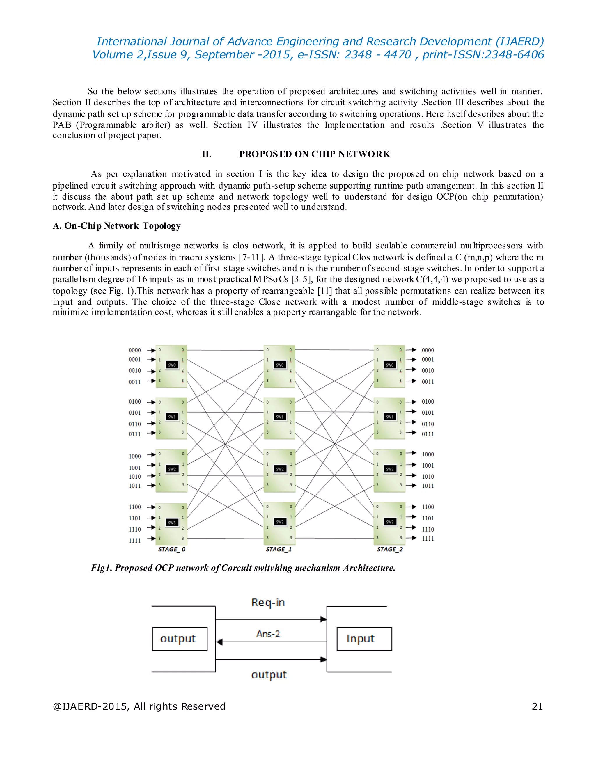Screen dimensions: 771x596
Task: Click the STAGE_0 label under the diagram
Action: tap(172, 549)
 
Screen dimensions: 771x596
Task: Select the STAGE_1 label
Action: tap(279, 549)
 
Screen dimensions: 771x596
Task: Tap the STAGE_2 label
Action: tap(390, 549)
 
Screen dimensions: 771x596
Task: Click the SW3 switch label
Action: tap(172, 523)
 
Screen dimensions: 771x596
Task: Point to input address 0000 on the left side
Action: tap(134, 350)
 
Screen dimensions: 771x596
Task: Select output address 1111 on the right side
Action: tap(428, 538)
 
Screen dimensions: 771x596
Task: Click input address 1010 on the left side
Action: tap(134, 477)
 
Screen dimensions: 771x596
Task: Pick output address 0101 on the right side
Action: tap(428, 413)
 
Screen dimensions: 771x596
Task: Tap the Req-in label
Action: tap(268, 603)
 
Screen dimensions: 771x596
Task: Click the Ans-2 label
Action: tap(268, 634)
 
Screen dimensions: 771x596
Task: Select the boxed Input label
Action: tap(361, 639)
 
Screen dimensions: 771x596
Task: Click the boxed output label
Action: tap(178, 639)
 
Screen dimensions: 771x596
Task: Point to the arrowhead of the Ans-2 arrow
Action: tap(219, 642)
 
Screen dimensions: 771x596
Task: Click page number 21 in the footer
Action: tap(537, 706)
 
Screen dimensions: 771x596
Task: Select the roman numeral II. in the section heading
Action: tap(207, 154)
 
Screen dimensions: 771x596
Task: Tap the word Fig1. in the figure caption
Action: tap(101, 568)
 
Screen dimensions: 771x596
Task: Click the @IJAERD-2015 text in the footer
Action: tap(86, 706)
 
